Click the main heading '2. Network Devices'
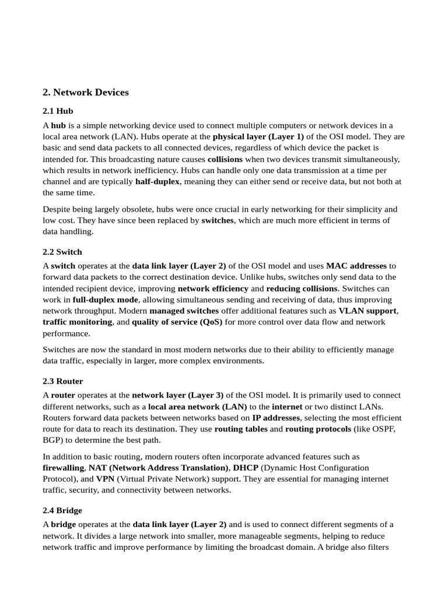pos(86,92)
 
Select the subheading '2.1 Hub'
pos(58,111)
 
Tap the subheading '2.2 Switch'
pos(62,252)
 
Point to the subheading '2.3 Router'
pos(63,381)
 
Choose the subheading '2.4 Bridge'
pos(62,510)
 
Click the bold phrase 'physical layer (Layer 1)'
pos(258,137)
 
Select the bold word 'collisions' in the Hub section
pos(225,159)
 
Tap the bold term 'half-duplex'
pos(157,181)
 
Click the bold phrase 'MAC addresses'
pos(356,266)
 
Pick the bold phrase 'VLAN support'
pos(367,311)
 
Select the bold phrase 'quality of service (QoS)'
pos(177,322)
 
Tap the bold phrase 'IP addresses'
pos(276,418)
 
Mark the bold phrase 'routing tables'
pos(241,429)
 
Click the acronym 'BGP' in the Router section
pos(52,440)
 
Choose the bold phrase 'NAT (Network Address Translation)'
pos(158,468)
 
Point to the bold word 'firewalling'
pos(64,468)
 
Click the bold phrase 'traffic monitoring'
pos(77,322)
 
